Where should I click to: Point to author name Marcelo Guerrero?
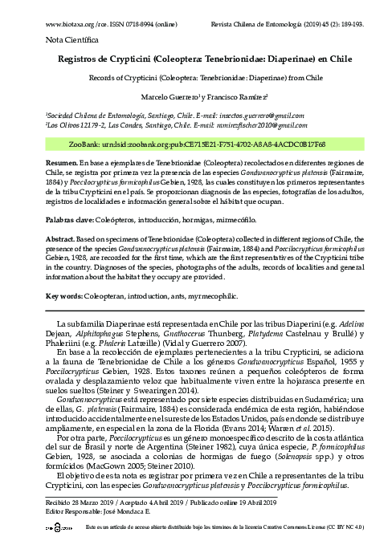[164, 96]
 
